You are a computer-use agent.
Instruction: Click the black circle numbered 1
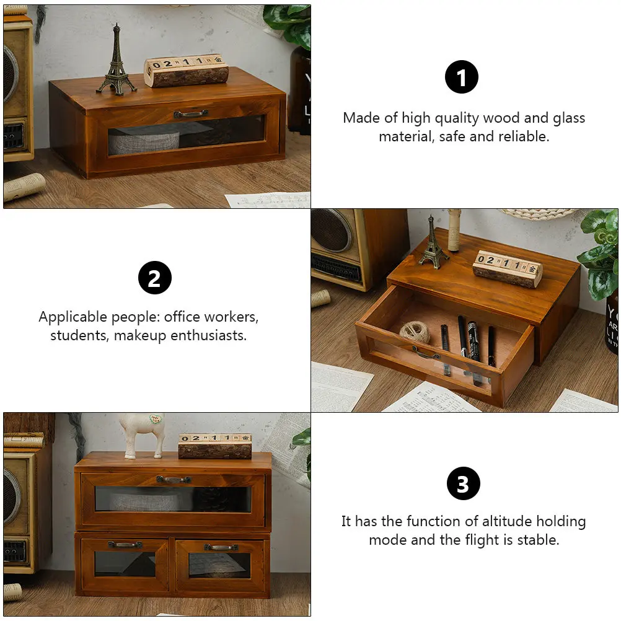[462, 77]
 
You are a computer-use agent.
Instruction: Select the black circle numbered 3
[463, 483]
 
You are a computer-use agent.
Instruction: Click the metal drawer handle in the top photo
[190, 114]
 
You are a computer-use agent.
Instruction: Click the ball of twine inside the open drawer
[414, 332]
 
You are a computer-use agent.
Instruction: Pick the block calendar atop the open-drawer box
[507, 268]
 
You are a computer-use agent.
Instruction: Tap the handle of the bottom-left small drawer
[125, 544]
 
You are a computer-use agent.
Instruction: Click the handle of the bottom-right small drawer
[221, 547]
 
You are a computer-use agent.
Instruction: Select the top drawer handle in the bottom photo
[173, 479]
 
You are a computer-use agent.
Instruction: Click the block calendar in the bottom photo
[214, 446]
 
